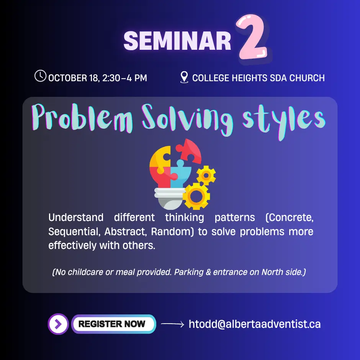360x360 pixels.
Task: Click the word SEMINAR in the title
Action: tap(177, 41)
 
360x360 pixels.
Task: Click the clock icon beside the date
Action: tap(41, 75)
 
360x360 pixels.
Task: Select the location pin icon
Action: tap(184, 77)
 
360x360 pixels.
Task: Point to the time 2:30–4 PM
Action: tap(124, 78)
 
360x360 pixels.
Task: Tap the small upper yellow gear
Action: tap(206, 175)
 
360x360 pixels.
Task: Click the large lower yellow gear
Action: tap(196, 196)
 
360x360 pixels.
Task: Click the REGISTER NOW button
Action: tap(114, 324)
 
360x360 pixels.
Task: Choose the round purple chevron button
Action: tap(58, 324)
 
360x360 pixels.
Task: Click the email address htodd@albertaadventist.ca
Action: tap(255, 324)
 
